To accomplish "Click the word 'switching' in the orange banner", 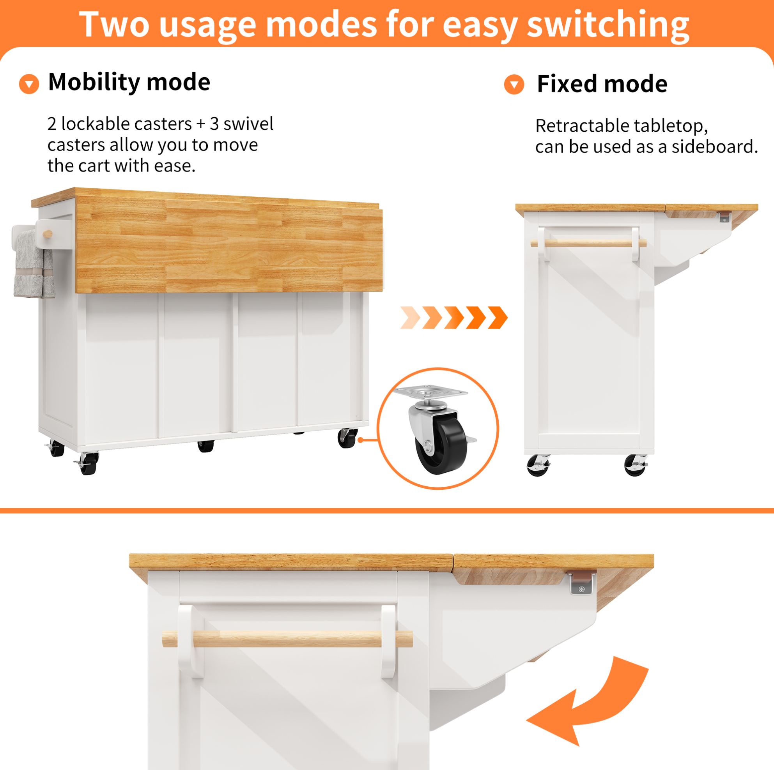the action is (x=608, y=25).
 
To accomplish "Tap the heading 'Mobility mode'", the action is (x=129, y=82).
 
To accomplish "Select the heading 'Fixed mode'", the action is (x=602, y=84).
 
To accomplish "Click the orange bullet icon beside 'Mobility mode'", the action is (x=29, y=84).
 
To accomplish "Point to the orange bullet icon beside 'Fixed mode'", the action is (x=514, y=85).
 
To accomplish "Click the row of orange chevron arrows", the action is (x=454, y=318).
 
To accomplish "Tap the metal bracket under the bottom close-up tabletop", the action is (x=582, y=583).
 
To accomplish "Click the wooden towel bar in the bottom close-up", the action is (x=287, y=639).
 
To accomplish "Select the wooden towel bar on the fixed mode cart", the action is (x=588, y=243).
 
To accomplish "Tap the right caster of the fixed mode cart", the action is (x=636, y=465).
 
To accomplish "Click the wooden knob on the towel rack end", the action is (x=48, y=234).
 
